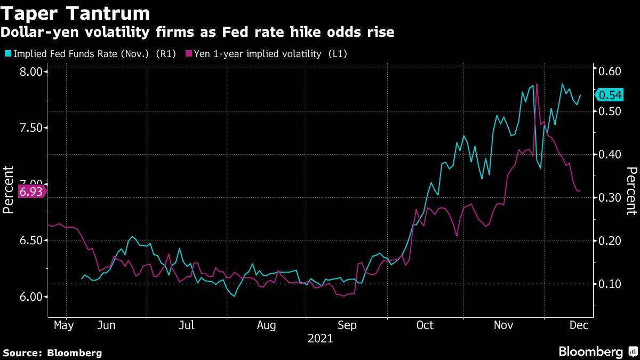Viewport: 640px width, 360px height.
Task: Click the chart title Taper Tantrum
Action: pos(75,12)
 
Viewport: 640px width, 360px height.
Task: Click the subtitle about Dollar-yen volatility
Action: pos(197,33)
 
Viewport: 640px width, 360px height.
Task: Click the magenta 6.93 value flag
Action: pos(31,191)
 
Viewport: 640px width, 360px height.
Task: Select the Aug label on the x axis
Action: pos(266,325)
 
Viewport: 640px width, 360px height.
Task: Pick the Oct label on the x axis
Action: pos(425,325)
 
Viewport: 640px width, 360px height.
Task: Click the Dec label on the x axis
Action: pos(579,325)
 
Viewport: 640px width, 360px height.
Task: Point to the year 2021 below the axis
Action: pos(320,339)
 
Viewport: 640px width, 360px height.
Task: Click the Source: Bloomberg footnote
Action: pos(52,353)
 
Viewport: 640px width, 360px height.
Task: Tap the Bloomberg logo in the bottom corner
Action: pos(597,352)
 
